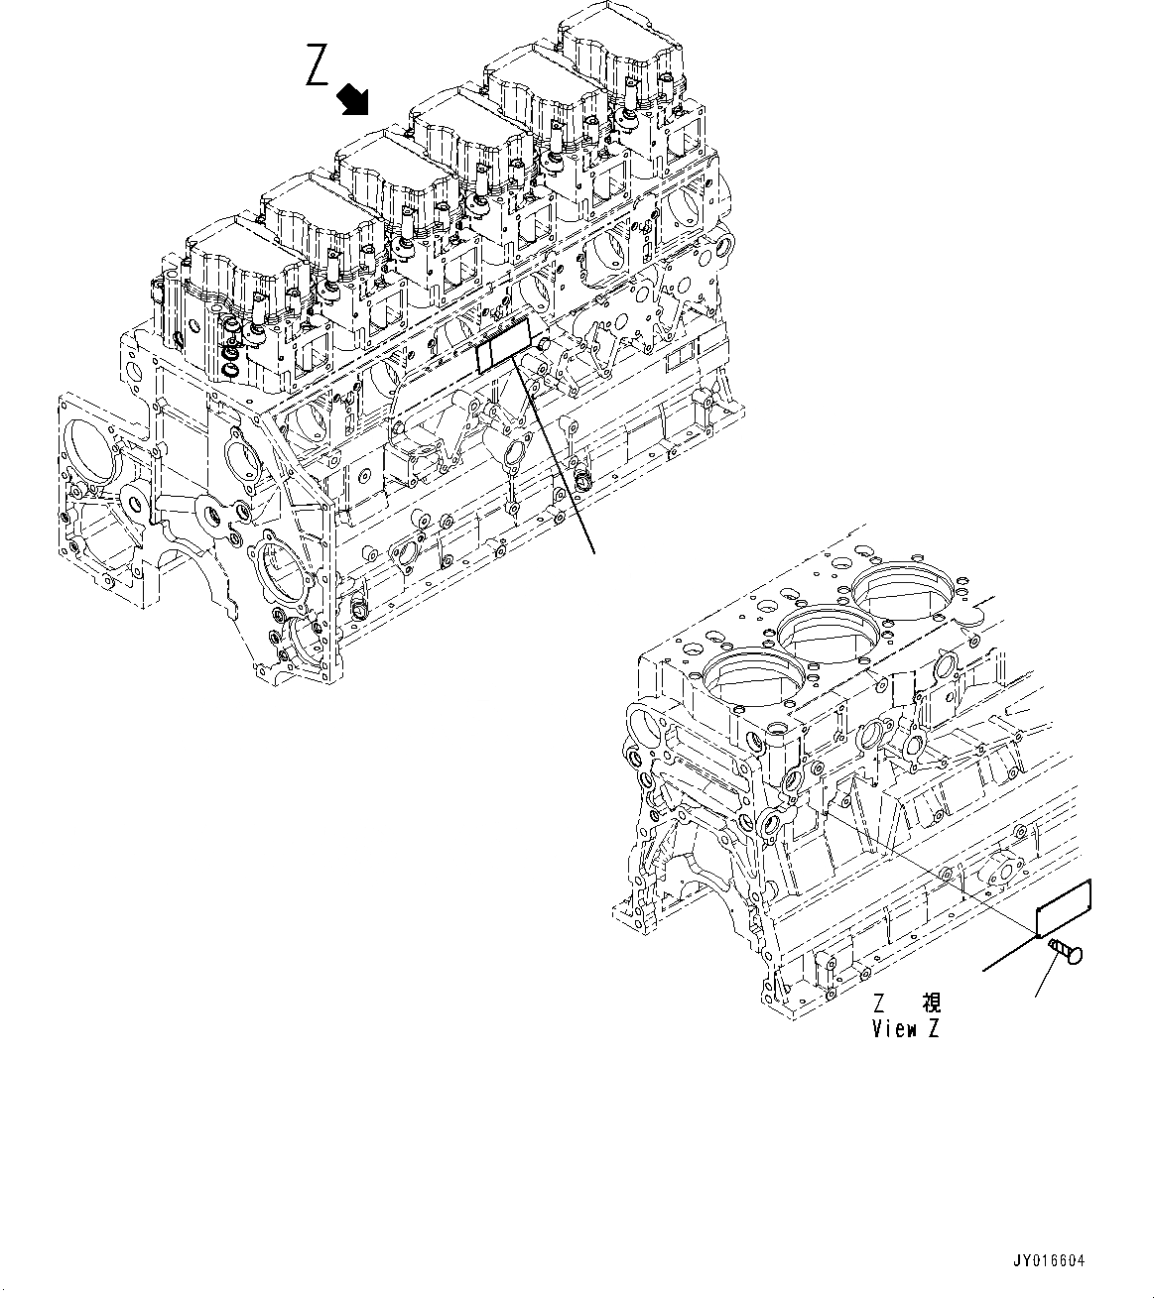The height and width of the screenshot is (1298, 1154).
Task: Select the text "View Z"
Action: [x=905, y=1028]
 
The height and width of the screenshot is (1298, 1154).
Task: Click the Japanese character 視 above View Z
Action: [x=931, y=1003]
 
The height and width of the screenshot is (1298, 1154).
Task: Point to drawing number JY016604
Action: [x=1049, y=1261]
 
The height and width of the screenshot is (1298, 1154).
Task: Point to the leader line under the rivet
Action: [x=1047, y=983]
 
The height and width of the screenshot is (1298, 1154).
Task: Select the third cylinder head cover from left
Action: [x=391, y=169]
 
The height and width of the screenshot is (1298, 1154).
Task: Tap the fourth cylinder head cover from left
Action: [x=465, y=124]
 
